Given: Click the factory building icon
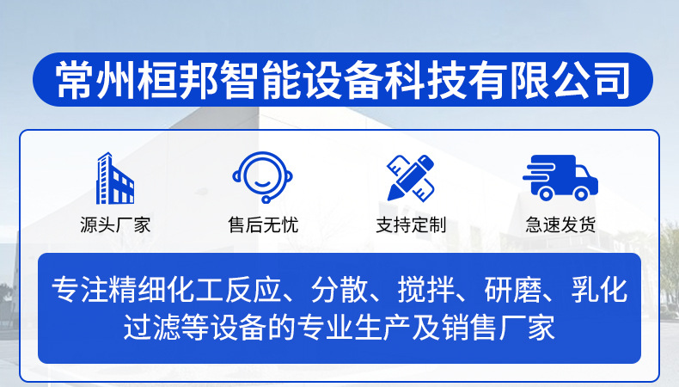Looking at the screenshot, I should (x=115, y=178).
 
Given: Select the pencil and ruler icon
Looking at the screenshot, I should (x=411, y=178).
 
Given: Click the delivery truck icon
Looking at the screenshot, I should (x=560, y=178).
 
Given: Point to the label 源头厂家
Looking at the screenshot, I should (x=115, y=225).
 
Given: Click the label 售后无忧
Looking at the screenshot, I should (x=263, y=225).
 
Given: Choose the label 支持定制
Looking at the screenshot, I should (x=411, y=225).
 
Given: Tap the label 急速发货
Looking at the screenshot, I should (x=560, y=225).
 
